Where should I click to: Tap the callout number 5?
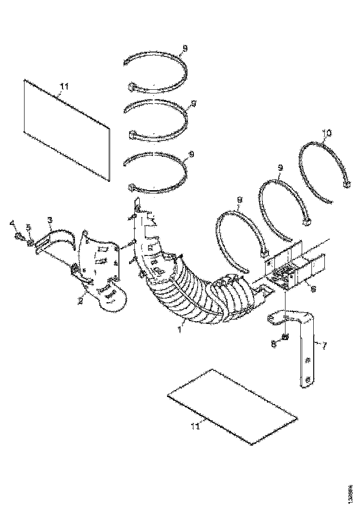point(28,228)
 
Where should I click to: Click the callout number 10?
point(327,133)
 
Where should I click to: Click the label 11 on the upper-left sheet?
point(64,86)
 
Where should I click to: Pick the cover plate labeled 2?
point(102,268)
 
